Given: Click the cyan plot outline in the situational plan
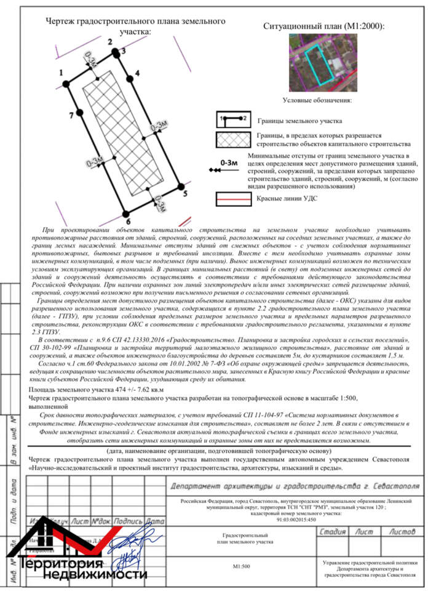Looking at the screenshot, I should point(320,64).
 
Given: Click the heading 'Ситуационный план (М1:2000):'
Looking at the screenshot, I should point(323,26).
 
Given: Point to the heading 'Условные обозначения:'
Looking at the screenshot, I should point(317,100).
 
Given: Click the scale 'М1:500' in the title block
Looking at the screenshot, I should point(241,566).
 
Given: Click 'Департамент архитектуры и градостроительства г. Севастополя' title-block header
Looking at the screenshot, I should point(295,486).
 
